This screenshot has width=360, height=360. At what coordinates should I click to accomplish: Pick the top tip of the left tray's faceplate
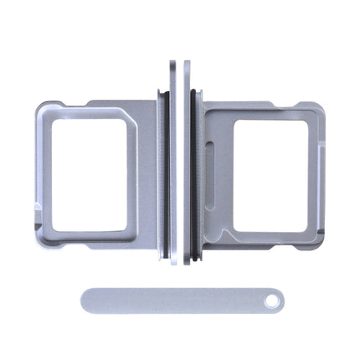[172, 63]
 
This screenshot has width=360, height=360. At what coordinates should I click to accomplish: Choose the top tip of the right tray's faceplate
[186, 63]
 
